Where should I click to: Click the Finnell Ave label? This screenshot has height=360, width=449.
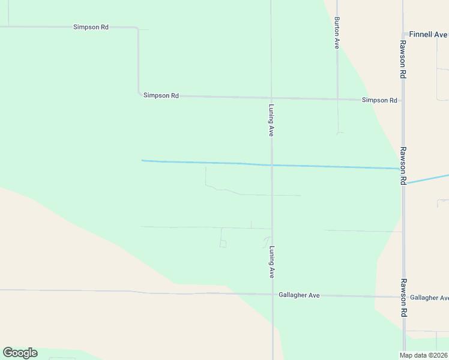pyautogui.click(x=428, y=35)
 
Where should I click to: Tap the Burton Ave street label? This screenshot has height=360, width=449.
pyautogui.click(x=337, y=32)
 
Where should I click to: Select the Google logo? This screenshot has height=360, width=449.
pyautogui.click(x=20, y=353)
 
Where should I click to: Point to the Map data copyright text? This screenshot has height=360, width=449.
pyautogui.click(x=424, y=355)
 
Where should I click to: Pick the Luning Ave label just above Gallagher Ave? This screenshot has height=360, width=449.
pyautogui.click(x=272, y=262)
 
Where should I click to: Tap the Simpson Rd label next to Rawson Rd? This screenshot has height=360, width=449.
pyautogui.click(x=379, y=100)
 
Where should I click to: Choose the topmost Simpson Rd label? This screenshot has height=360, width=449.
pyautogui.click(x=91, y=28)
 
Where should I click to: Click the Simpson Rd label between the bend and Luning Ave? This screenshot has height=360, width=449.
pyautogui.click(x=161, y=95)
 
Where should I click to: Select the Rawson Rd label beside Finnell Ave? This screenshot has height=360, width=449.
pyautogui.click(x=403, y=59)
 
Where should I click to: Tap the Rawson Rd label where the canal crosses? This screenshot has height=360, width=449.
pyautogui.click(x=403, y=166)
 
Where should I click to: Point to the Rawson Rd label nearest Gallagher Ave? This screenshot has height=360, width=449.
pyautogui.click(x=404, y=297)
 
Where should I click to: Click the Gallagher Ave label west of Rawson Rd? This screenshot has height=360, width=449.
pyautogui.click(x=299, y=295)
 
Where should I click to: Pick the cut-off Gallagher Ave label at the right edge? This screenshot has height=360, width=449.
pyautogui.click(x=429, y=298)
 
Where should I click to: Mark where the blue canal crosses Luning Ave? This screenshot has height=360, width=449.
pyautogui.click(x=272, y=165)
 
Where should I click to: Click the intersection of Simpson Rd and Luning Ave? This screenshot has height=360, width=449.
pyautogui.click(x=272, y=98)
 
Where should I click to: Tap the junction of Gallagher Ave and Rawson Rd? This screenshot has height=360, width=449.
pyautogui.click(x=404, y=296)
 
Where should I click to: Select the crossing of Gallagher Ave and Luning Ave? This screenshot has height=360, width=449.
pyautogui.click(x=273, y=295)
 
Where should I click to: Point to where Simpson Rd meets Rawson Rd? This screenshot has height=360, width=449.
pyautogui.click(x=403, y=100)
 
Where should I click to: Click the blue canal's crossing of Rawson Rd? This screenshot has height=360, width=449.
pyautogui.click(x=403, y=169)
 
